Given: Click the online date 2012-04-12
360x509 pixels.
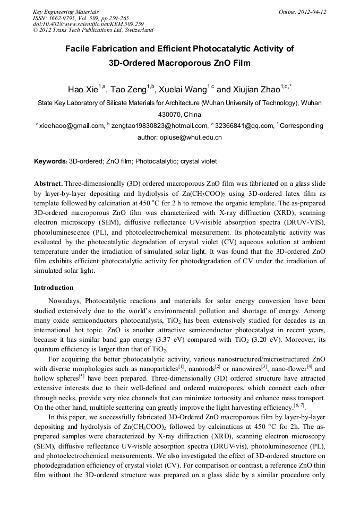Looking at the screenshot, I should tap(312, 11).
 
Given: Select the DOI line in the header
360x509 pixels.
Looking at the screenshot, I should tap(88, 24).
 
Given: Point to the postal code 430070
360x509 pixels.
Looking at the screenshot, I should tap(169, 114).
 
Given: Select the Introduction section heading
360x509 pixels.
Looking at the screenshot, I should tap(54, 288).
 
